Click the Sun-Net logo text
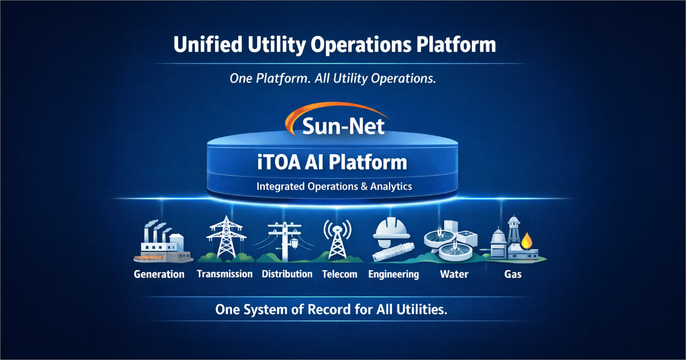[344, 126]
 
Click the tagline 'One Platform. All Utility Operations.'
[332, 78]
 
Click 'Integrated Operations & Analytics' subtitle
[334, 186]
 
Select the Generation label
[159, 274]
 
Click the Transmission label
[224, 274]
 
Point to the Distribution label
[287, 274]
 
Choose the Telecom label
[340, 274]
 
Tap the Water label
[454, 274]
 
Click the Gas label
[513, 274]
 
